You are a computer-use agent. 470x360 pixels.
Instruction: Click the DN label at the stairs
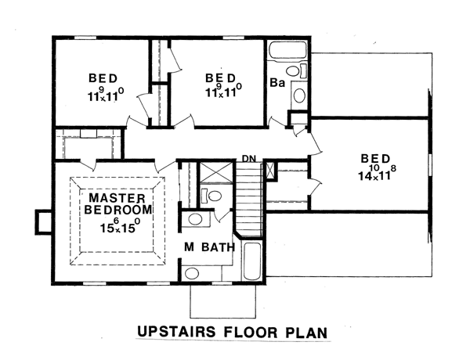[249, 158]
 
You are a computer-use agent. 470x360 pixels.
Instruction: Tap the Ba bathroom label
[277, 83]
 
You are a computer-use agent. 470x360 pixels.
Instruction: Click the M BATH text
[209, 247]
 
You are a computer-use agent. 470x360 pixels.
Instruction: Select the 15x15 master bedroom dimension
[120, 225]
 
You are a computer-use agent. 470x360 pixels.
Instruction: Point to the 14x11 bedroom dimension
[377, 173]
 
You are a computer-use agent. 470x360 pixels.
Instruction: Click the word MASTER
[117, 198]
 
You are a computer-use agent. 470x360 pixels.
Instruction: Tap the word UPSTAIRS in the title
[176, 332]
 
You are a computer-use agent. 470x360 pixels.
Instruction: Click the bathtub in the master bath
[251, 261]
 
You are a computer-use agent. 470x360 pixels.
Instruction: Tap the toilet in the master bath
[211, 196]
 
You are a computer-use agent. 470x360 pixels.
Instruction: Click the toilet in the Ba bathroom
[296, 71]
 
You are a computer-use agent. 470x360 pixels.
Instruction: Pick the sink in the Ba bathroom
[299, 95]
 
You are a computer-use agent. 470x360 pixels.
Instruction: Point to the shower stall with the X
[216, 172]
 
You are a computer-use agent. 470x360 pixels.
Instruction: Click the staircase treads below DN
[249, 199]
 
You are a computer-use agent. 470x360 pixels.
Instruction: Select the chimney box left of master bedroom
[44, 222]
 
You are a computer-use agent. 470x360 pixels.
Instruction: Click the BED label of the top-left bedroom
[103, 78]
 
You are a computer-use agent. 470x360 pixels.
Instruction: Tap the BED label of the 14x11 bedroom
[375, 158]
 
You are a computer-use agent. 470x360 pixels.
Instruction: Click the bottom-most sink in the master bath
[192, 273]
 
